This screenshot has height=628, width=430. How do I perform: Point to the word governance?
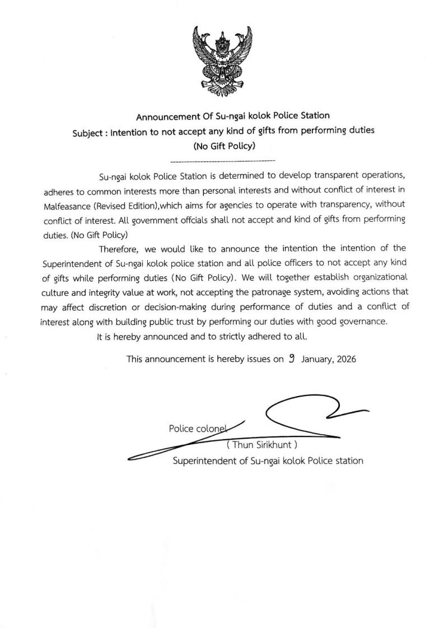tap(358, 322)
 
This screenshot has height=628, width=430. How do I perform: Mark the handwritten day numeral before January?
tap(291, 359)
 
